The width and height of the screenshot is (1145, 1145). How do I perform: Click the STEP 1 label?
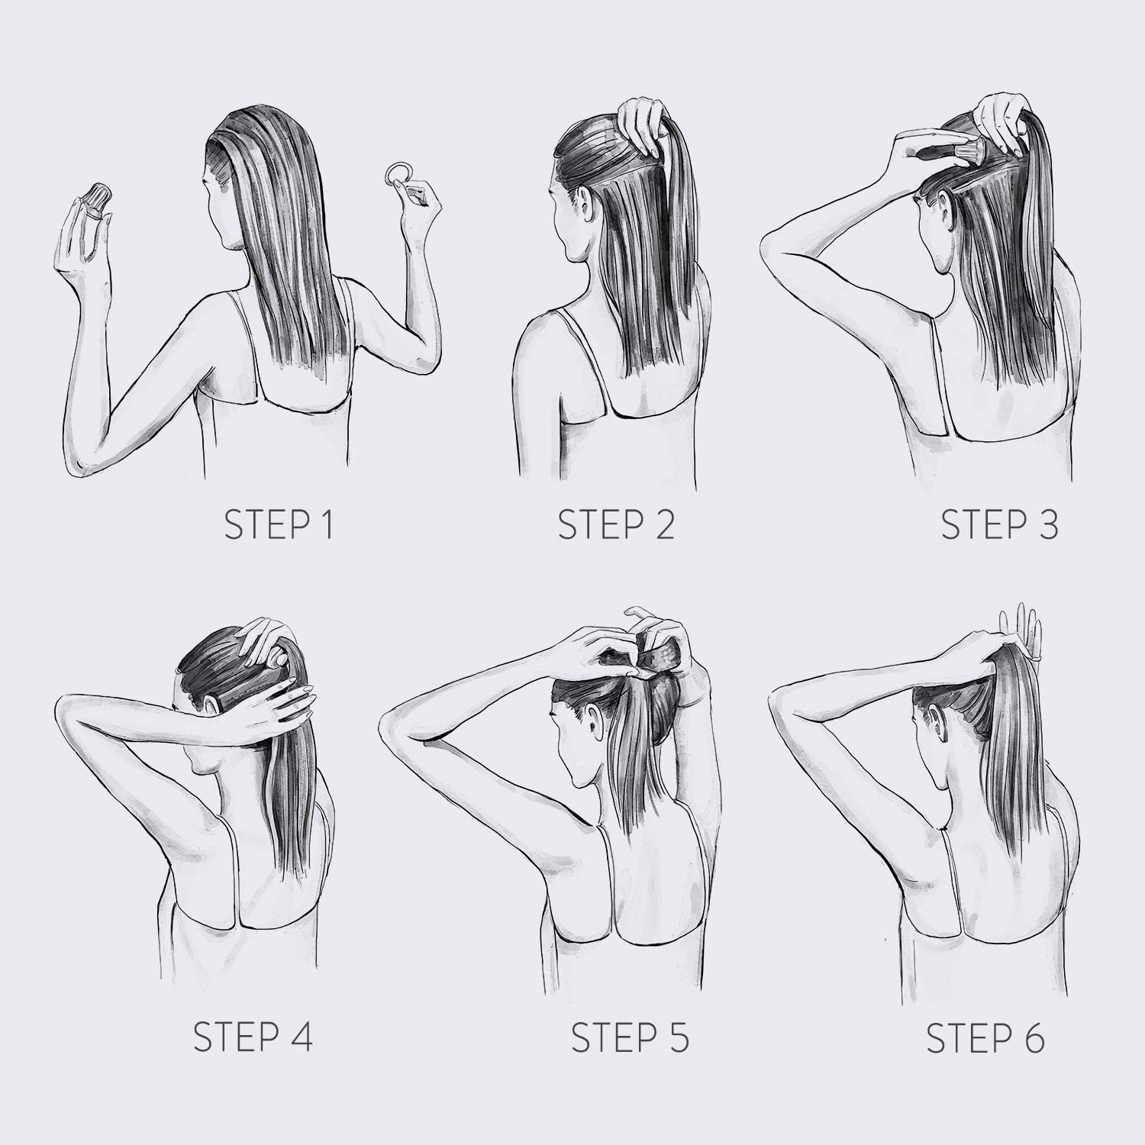pyautogui.click(x=279, y=525)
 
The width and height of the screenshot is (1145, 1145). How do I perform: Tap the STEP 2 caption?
pyautogui.click(x=617, y=525)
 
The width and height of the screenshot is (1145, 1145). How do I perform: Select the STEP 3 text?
pyautogui.click(x=999, y=525)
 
